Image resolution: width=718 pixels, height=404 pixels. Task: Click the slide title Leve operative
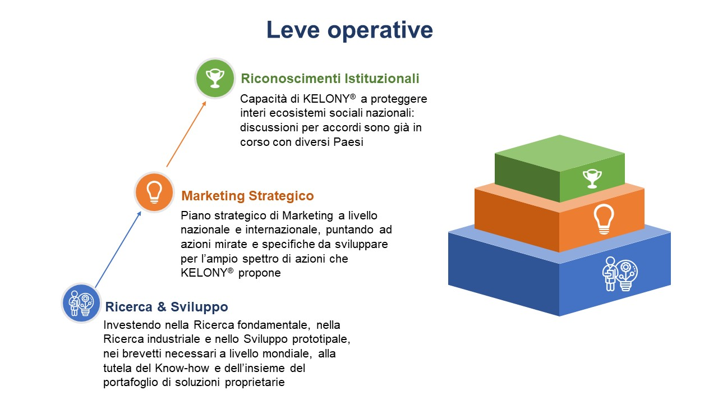pos(349,30)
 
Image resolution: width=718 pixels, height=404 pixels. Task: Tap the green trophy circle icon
pos(215,78)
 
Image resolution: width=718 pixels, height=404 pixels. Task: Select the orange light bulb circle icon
pos(154,192)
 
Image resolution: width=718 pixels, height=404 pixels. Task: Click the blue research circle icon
pos(81,302)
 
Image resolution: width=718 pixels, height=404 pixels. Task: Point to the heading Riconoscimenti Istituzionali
pos(330,79)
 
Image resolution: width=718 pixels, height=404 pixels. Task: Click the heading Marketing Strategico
pos(247,196)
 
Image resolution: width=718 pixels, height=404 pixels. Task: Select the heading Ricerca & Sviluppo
pos(167,307)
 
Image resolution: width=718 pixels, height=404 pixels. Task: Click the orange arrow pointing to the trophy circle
pos(186,134)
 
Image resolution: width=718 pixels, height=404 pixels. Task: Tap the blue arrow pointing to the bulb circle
pos(118,250)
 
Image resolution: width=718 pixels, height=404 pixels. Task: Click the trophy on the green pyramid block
pos(592,178)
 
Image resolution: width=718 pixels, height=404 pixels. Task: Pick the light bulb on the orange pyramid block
pos(604,219)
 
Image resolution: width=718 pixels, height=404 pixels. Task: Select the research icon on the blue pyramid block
pos(620,274)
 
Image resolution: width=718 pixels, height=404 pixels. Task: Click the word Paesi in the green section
pos(348,142)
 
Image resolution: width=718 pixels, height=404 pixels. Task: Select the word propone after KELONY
pos(260,273)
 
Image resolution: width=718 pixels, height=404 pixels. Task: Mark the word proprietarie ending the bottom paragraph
pos(255,382)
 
